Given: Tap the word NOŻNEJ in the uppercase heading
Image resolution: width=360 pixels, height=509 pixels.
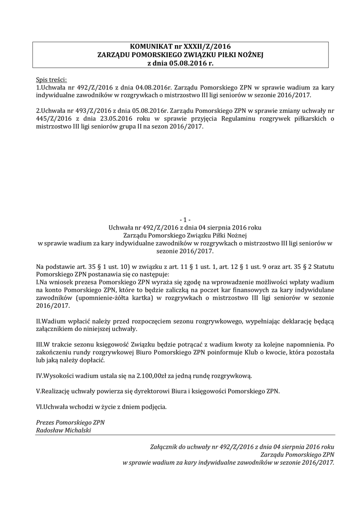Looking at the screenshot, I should [x=246, y=55].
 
